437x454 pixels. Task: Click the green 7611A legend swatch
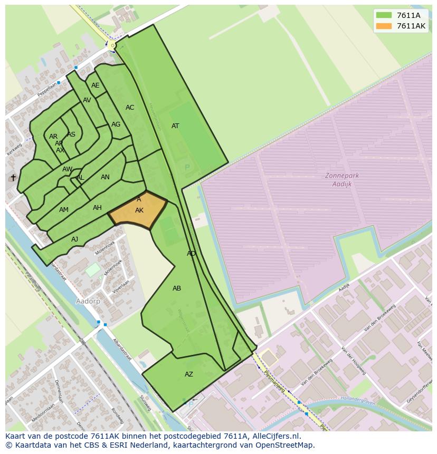point(384,15)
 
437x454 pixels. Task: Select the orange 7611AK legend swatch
point(384,26)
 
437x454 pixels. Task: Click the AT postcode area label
point(175,126)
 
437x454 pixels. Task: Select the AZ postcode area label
point(189,374)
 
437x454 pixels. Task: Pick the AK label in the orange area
point(139,210)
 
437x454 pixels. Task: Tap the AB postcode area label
point(177,288)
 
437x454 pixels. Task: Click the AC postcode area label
point(130,108)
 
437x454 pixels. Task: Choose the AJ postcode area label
point(75,239)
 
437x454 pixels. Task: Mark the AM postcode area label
point(64,210)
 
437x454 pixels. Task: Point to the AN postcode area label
point(106,177)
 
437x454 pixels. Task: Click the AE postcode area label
point(96,85)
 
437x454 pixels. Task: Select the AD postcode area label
point(191,254)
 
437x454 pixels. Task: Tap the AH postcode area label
point(97,208)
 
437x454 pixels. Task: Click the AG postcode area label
point(116,124)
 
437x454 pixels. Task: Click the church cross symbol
point(13,178)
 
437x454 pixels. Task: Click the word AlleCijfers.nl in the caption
point(275,436)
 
